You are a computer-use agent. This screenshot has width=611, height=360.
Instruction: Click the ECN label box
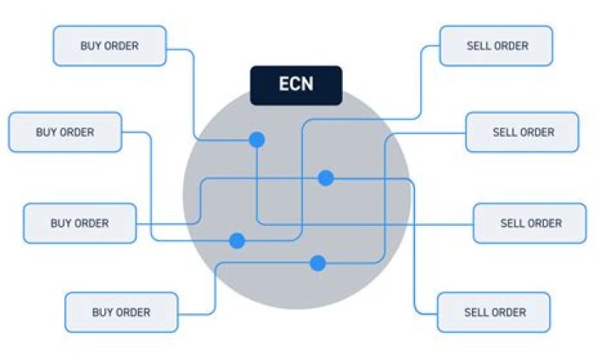[296, 85]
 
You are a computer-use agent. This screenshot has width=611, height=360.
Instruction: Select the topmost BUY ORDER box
[109, 46]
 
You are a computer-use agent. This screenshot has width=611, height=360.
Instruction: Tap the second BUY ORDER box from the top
[65, 132]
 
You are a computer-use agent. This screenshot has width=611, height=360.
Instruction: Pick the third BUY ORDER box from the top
[80, 223]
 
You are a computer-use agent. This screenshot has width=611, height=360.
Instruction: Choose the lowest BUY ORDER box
[121, 312]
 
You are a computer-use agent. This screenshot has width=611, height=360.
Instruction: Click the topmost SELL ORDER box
[496, 46]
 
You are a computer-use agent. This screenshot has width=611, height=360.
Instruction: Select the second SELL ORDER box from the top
[523, 132]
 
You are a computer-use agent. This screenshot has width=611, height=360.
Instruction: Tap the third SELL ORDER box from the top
[530, 223]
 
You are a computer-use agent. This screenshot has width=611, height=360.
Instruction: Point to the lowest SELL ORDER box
[494, 312]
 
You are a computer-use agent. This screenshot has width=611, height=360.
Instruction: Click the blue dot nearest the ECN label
[256, 139]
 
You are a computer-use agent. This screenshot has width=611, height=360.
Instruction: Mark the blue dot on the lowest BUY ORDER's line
[318, 263]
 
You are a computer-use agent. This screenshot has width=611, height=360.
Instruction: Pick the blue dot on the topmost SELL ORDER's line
[238, 241]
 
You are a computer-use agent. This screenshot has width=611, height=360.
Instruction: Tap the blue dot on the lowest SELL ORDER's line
[326, 177]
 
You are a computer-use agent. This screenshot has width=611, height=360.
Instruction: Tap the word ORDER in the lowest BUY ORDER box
[134, 312]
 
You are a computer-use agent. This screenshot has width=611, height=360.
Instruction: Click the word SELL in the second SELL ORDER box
[504, 132]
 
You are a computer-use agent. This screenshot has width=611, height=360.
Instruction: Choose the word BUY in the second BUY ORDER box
[46, 132]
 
